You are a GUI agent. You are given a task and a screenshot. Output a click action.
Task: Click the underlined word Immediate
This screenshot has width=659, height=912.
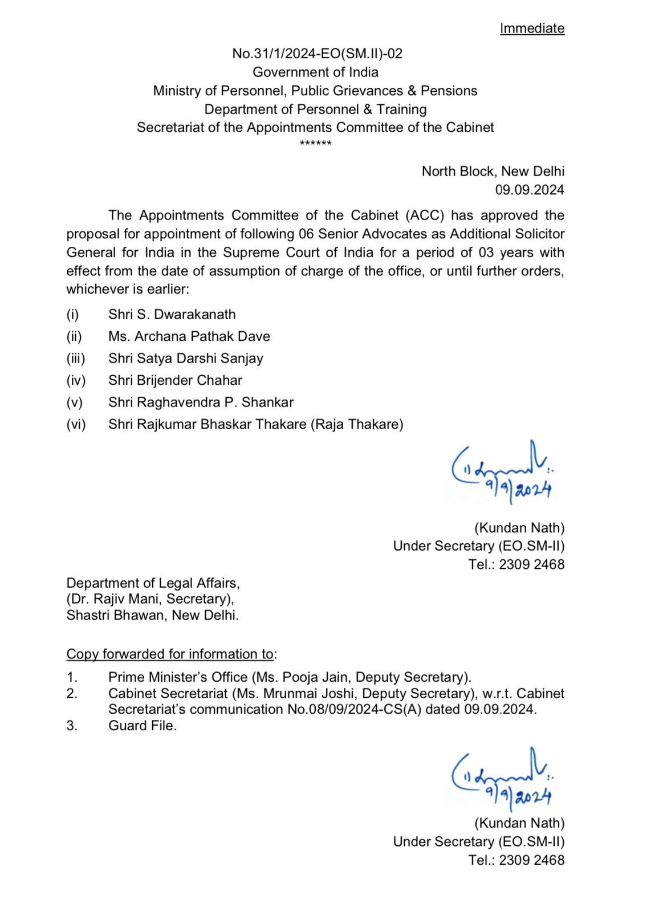532,28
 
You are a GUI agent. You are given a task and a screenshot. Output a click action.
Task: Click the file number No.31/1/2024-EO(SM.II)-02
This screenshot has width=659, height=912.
317,54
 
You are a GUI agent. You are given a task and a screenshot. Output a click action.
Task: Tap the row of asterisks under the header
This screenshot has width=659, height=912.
315,142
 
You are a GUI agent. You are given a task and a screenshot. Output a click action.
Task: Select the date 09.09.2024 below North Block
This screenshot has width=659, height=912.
530,190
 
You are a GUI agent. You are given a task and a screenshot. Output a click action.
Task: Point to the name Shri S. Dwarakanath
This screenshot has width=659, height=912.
172,314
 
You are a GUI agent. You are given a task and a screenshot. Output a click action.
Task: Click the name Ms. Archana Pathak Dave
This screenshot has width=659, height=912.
189,336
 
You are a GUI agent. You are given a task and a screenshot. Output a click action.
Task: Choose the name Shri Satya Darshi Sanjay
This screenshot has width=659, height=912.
186,358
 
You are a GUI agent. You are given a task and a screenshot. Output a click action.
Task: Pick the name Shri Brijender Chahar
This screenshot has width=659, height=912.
175,380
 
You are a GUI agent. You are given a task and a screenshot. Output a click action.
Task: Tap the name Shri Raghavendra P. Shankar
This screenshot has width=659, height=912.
201,402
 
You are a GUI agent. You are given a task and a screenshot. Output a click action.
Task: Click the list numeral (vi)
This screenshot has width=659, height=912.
76,424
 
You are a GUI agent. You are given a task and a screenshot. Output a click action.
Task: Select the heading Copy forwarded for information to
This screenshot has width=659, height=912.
170,654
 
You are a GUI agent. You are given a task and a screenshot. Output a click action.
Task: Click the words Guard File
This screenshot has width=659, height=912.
143,726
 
